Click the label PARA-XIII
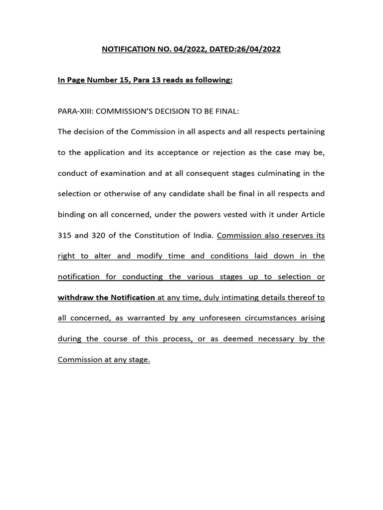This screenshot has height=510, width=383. click(x=75, y=111)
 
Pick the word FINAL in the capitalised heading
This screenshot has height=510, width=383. click(x=227, y=111)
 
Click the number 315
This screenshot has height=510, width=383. click(x=65, y=235)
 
